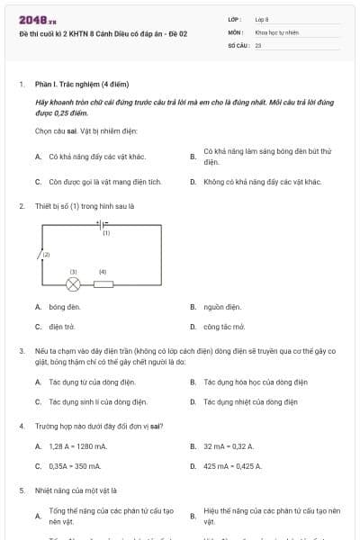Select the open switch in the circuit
40,255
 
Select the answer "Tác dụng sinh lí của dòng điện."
98,401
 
